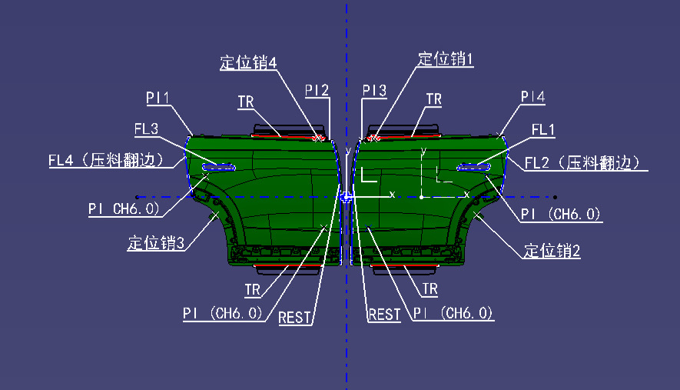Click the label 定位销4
248,62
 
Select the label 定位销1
445,59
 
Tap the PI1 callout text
158,98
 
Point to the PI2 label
317,90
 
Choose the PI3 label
374,90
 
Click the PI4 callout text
532,96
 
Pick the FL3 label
146,129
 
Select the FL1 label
543,129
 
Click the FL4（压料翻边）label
106,160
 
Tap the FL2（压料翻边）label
582,163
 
